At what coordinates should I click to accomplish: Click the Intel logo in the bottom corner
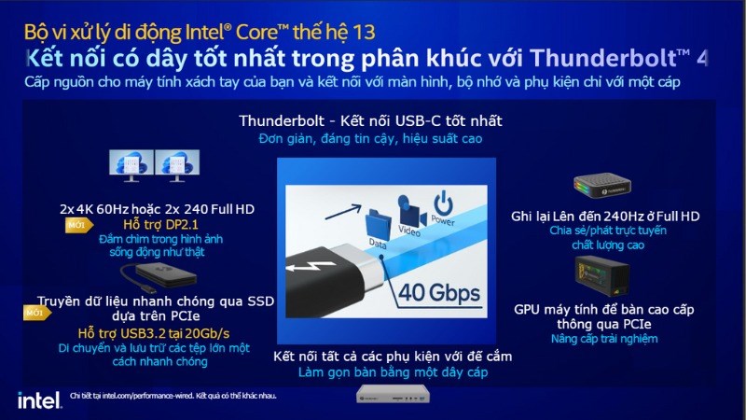click(35, 399)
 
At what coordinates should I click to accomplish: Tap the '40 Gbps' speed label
click(439, 294)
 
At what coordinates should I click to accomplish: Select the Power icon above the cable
click(444, 204)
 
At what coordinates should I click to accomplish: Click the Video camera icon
click(408, 210)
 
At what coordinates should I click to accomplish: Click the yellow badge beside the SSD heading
click(35, 314)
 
